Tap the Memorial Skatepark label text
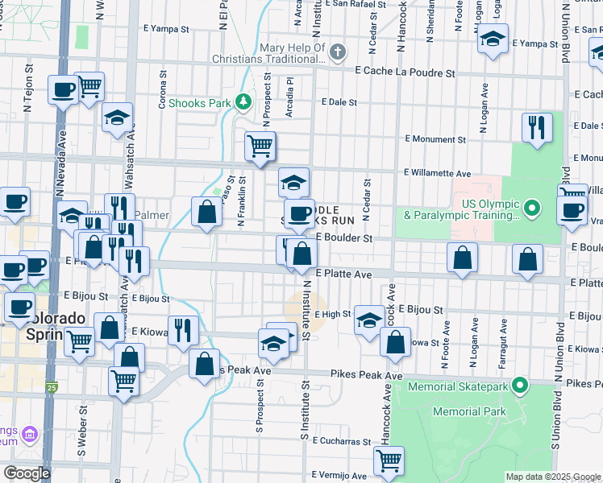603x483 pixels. click(x=459, y=386)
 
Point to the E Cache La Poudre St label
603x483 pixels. click(x=405, y=72)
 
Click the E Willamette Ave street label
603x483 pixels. click(x=438, y=173)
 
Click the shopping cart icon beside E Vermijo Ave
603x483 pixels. click(x=389, y=460)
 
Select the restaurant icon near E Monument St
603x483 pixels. click(x=536, y=127)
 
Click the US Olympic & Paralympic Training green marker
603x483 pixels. click(x=531, y=209)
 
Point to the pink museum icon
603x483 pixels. click(x=31, y=436)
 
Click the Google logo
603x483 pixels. click(x=27, y=473)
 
